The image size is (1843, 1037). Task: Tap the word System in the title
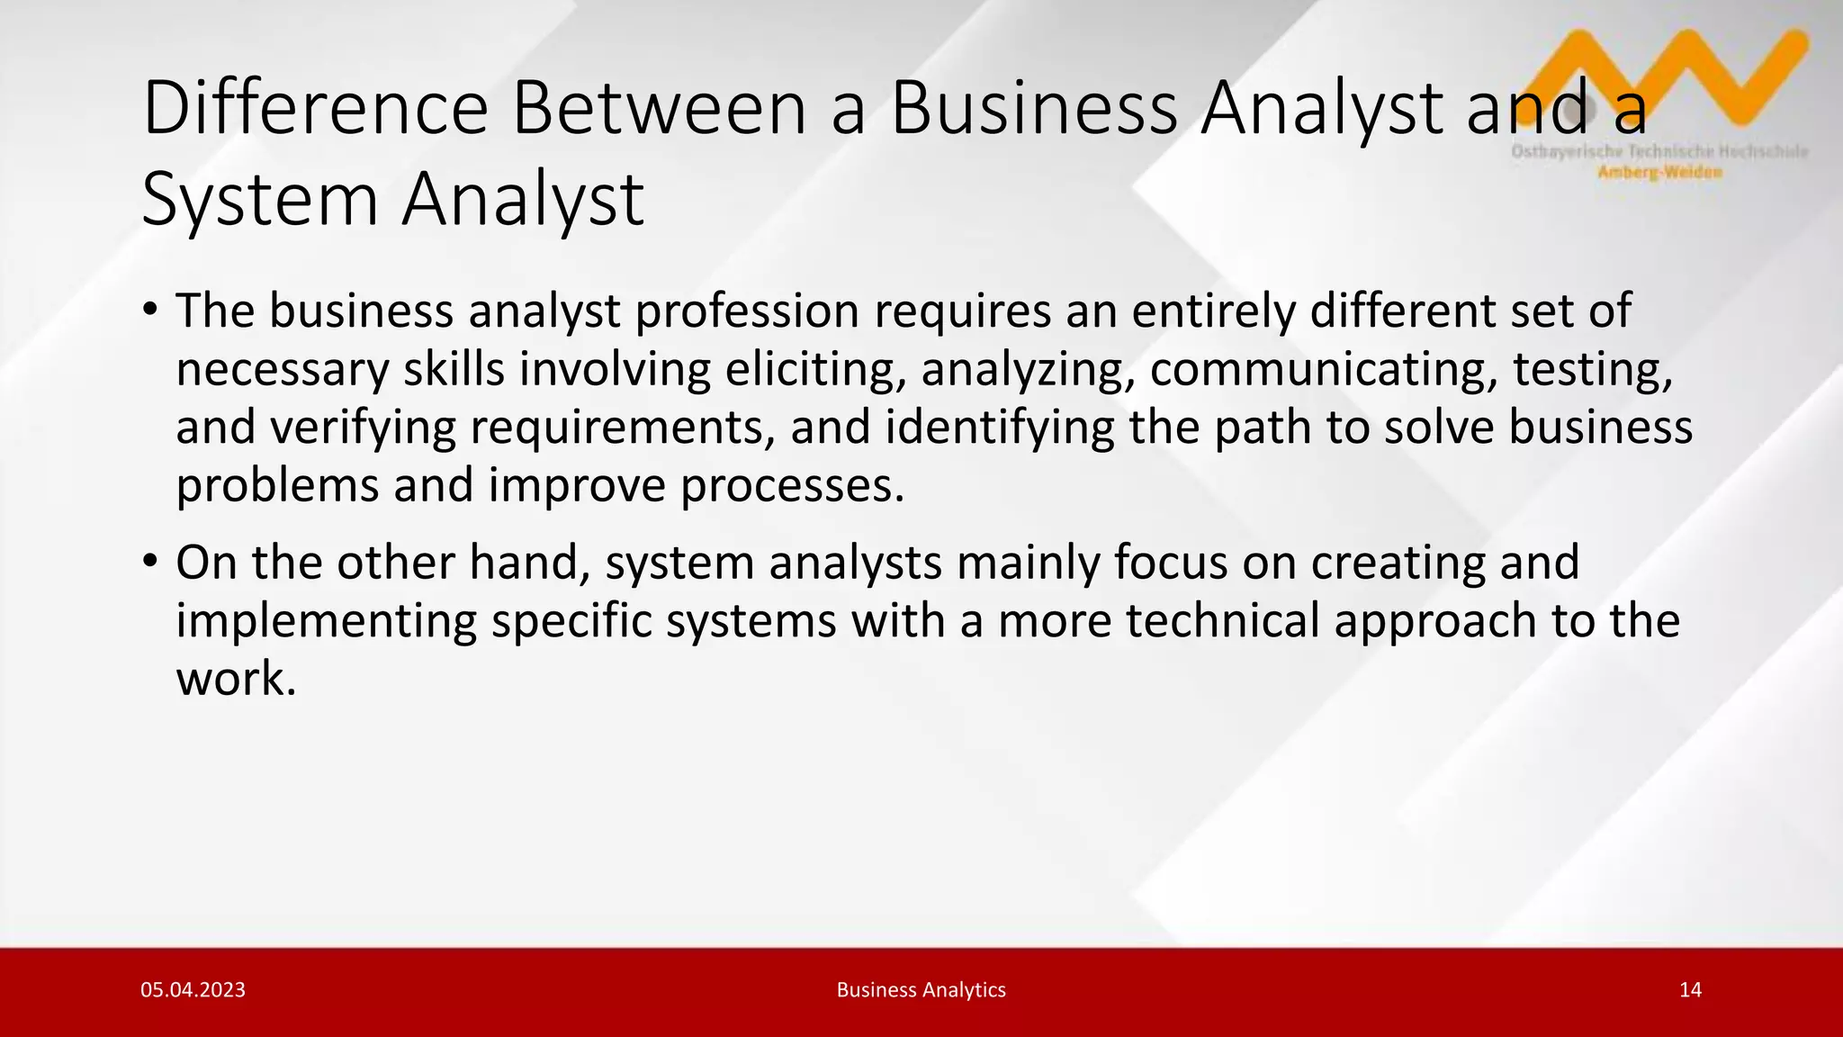tap(260, 200)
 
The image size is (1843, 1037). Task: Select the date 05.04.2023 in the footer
tap(193, 990)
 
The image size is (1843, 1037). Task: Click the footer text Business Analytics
tap(921, 990)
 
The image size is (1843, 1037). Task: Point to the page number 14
tap(1690, 990)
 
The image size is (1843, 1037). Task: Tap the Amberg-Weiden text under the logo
tap(1659, 173)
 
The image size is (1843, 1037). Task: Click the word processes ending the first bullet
tap(790, 485)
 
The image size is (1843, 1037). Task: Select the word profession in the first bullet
tap(747, 311)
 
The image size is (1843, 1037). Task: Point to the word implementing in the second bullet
tap(326, 621)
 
